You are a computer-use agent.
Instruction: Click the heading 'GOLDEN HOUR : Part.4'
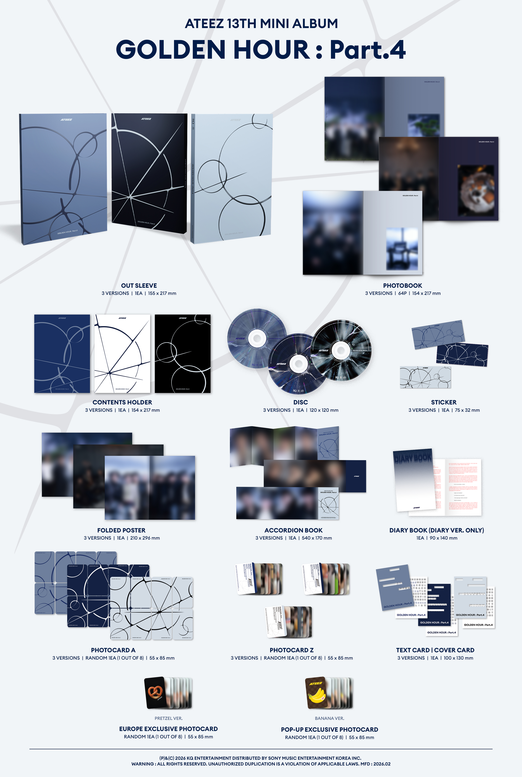coord(261,49)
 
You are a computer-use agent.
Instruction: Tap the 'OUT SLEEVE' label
coord(139,285)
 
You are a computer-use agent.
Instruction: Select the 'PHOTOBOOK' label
coord(402,285)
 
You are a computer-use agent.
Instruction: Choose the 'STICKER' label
coord(444,402)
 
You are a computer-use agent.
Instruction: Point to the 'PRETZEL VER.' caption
coord(168,718)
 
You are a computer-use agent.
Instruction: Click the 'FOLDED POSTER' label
coord(121,530)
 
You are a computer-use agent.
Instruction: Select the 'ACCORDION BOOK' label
coord(293,530)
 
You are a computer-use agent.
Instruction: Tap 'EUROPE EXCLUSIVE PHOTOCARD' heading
coord(168,729)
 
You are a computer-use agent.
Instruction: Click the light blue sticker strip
coord(425,377)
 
